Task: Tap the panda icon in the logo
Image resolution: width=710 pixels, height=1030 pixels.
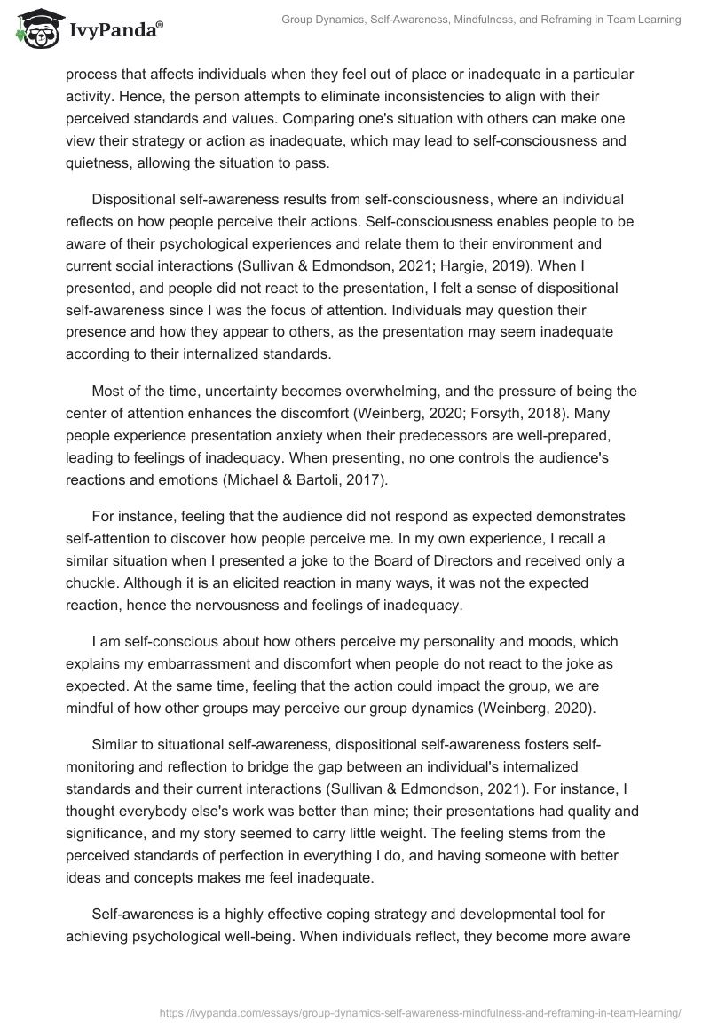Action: point(35,29)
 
